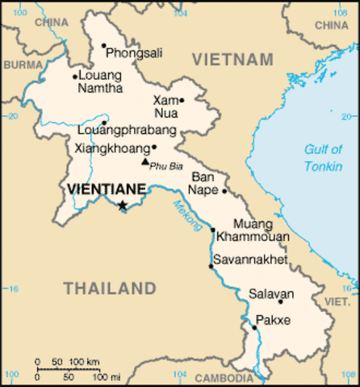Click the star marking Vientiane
point(123,206)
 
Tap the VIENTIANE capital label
point(107,189)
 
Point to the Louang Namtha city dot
point(75,77)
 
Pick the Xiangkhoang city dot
point(154,147)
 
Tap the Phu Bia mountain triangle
point(145,161)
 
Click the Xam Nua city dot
point(182,101)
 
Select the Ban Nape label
point(203,183)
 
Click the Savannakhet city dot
point(211,266)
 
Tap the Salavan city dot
point(280,302)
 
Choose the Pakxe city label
point(273,321)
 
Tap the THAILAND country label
point(110,288)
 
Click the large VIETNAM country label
point(233,60)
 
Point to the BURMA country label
point(23,64)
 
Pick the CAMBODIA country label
point(224,377)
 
